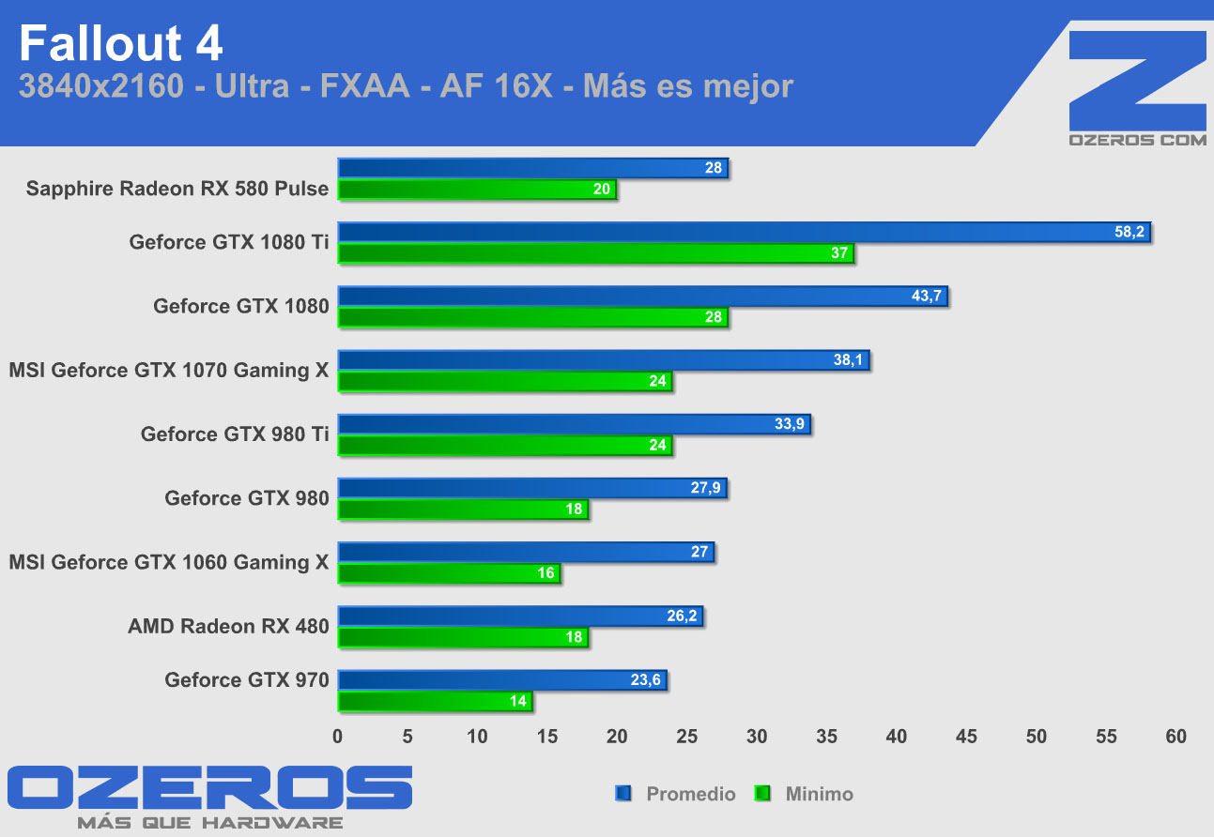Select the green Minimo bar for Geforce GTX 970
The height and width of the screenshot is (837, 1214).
435,701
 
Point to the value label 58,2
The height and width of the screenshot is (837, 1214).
1129,233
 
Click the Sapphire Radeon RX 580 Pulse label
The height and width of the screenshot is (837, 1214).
177,189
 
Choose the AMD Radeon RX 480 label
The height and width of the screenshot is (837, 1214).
228,626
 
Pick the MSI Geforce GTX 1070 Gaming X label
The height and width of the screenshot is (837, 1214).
169,371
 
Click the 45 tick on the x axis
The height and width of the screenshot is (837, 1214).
966,737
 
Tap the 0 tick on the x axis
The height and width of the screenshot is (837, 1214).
338,737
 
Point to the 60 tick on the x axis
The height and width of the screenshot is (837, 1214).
1176,737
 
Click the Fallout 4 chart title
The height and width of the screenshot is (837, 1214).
120,43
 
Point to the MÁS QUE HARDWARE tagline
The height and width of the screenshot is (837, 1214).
209,823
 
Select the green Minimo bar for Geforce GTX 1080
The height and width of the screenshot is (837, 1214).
532,317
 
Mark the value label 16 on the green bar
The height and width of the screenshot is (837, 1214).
546,573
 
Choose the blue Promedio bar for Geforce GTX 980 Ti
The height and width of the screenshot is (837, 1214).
574,424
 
